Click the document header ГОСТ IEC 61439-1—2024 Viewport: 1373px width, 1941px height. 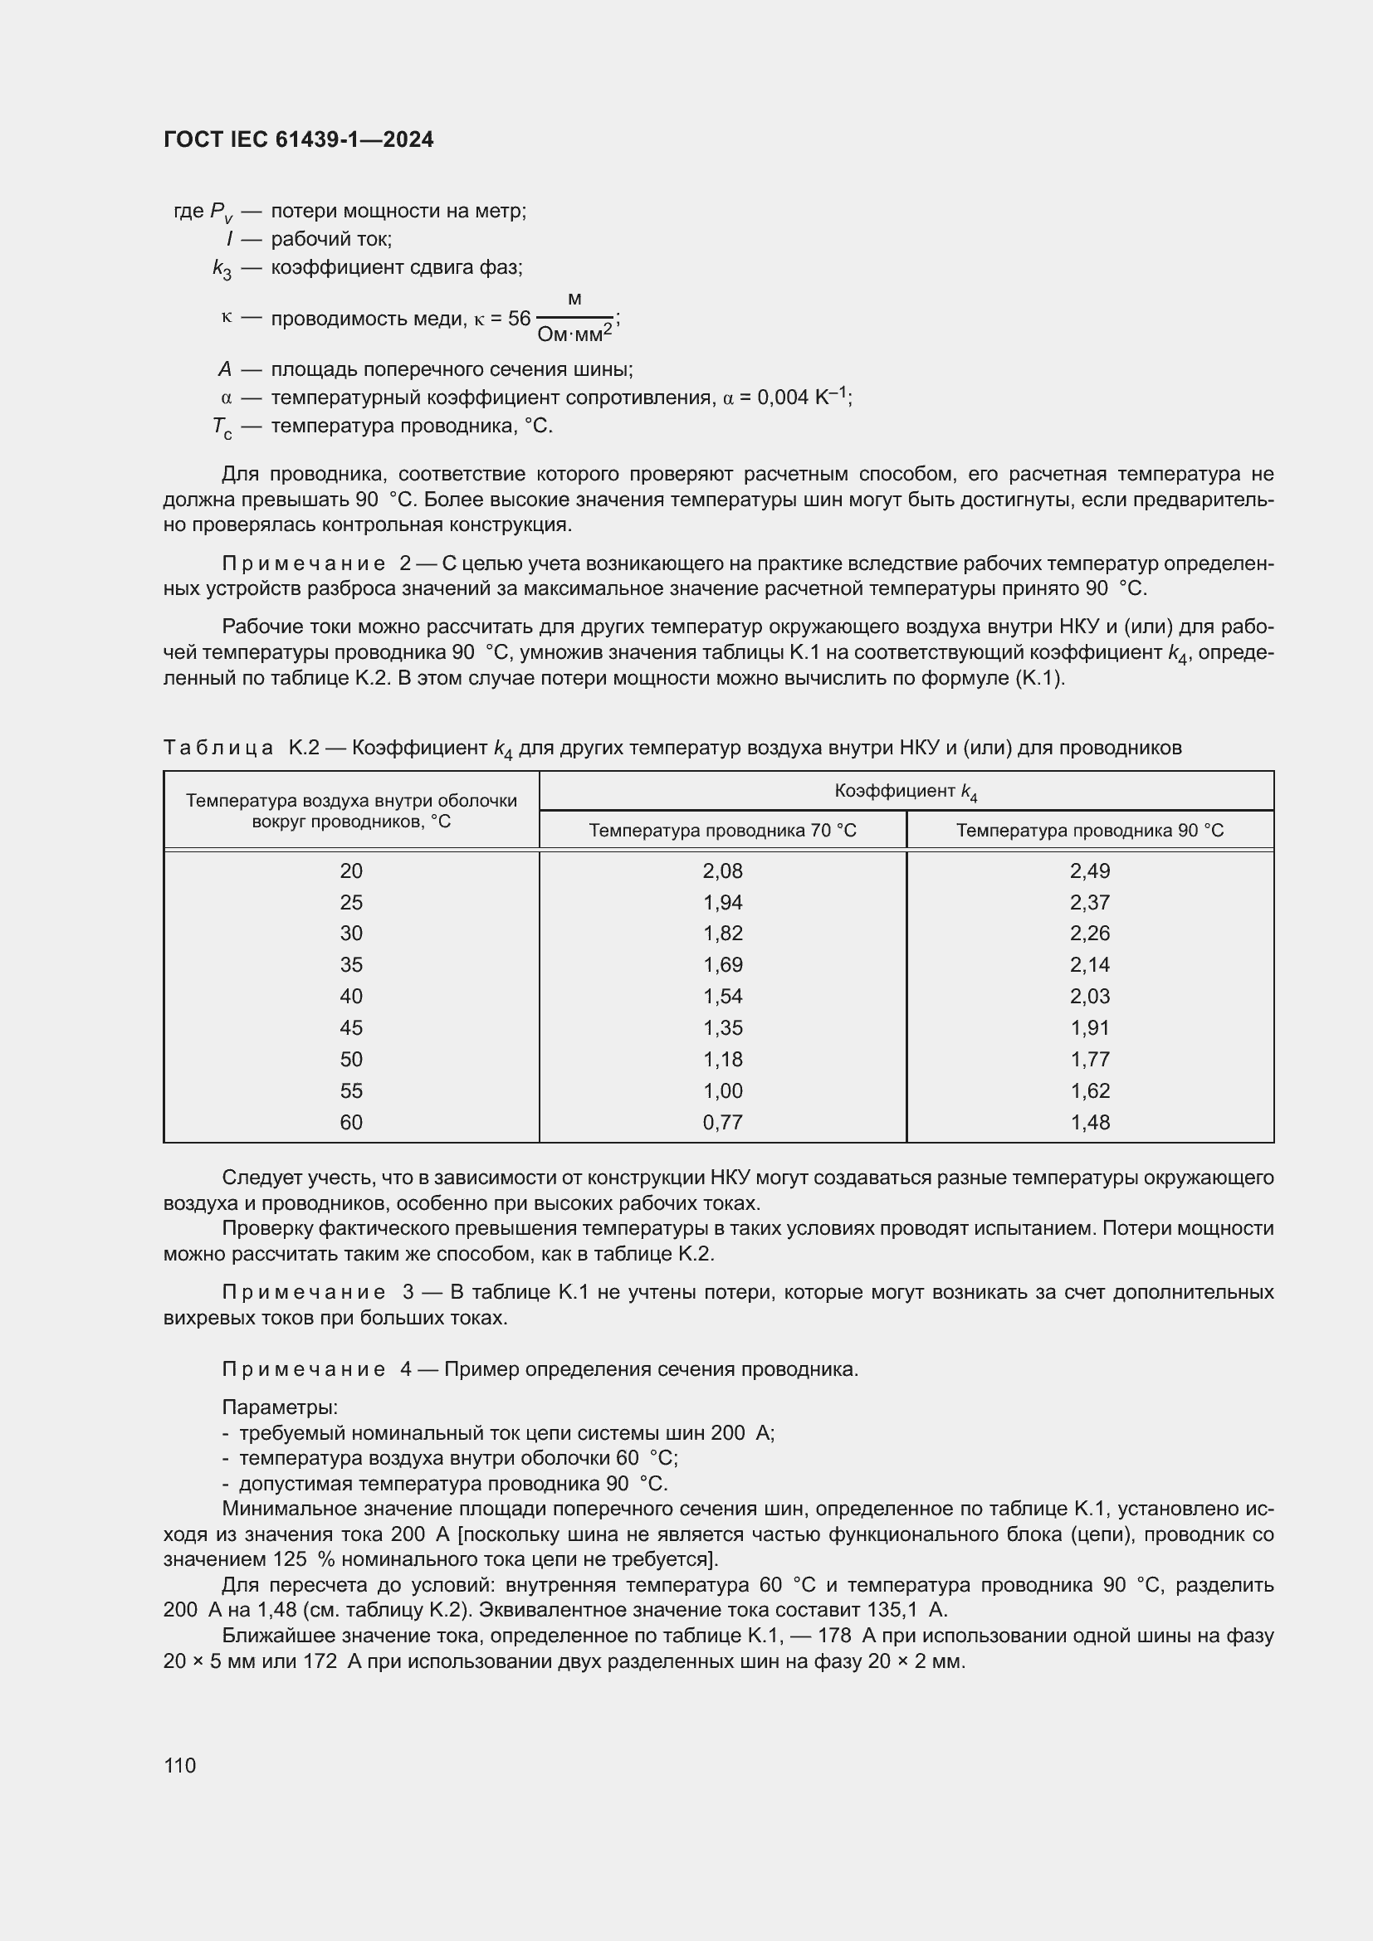299,139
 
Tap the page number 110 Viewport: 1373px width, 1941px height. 179,1765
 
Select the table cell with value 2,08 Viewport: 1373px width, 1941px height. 722,871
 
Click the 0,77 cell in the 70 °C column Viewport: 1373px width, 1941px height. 722,1122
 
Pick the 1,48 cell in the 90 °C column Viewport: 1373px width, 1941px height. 1089,1122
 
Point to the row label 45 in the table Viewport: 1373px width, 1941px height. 351,1028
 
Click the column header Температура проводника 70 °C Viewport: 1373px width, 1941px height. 722,830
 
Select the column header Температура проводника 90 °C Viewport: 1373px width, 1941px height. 1089,830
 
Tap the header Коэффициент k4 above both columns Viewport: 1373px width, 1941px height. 906,792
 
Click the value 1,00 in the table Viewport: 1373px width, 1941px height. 722,1090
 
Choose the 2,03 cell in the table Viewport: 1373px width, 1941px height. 1089,997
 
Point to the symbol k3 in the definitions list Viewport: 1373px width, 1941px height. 222,269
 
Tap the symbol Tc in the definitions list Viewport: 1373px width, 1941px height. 222,427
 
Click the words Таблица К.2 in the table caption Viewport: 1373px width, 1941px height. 240,748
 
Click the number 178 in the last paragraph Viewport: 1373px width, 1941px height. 835,1636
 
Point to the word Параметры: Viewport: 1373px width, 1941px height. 280,1407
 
